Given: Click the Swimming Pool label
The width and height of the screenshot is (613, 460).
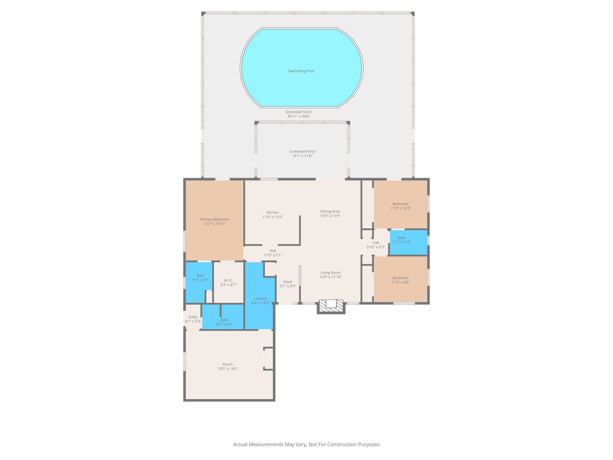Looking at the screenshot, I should [x=301, y=71].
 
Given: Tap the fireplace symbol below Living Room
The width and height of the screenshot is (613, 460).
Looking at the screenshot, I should [x=331, y=306].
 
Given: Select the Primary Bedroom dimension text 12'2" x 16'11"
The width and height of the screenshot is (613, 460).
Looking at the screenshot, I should [x=214, y=224].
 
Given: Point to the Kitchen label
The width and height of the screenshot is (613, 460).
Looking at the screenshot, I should [x=272, y=213].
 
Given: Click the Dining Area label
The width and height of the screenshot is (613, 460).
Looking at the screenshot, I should [x=330, y=211].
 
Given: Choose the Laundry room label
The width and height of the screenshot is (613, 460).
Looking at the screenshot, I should [x=260, y=299].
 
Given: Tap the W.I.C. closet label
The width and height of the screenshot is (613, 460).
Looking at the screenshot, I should [x=228, y=281].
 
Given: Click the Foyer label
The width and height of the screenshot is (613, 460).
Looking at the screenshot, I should [x=288, y=282].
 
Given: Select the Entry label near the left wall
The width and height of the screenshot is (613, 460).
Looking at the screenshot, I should [x=193, y=317].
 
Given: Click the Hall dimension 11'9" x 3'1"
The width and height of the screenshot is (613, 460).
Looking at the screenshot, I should [x=273, y=255].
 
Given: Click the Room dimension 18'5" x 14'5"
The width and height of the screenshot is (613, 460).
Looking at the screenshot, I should [x=227, y=369].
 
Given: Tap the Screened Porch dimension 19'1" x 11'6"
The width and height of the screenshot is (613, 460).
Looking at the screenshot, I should [x=302, y=156].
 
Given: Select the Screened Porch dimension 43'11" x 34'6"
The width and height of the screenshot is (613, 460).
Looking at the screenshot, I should [x=298, y=116].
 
